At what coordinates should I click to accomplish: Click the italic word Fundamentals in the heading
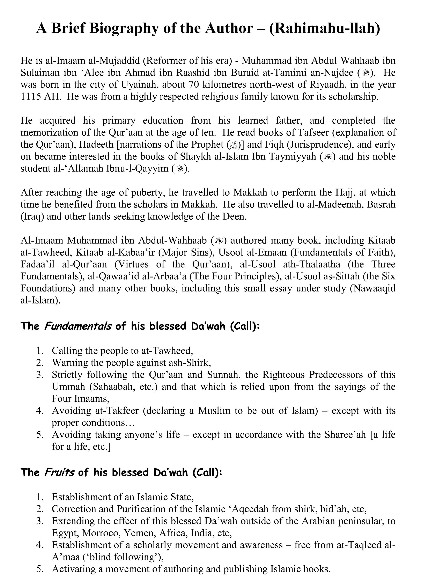[78, 326]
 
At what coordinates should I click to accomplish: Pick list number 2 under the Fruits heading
[39, 509]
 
